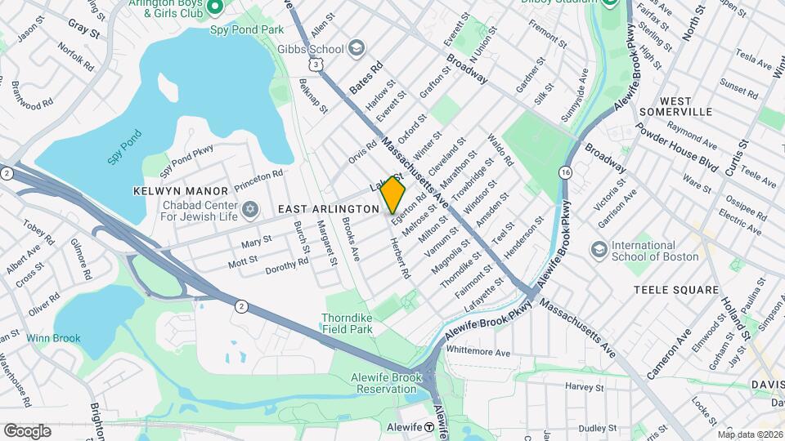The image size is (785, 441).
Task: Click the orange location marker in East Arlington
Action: tap(392, 195)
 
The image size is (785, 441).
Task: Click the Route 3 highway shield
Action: tap(316, 63)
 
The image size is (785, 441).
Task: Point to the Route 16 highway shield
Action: tap(566, 172)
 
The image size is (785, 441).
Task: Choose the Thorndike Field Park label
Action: tap(348, 323)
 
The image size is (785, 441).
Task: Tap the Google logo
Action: tap(27, 430)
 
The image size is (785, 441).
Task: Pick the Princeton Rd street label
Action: tap(258, 180)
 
